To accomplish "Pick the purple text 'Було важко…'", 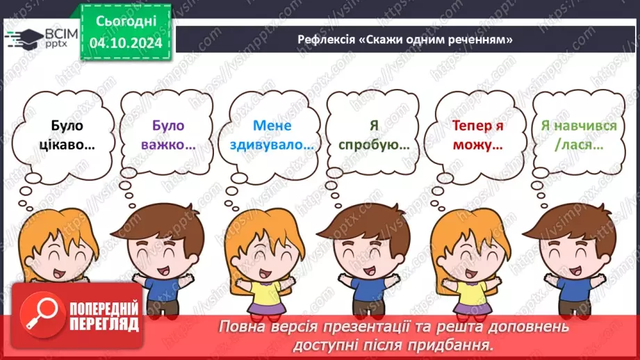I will click(x=167, y=136).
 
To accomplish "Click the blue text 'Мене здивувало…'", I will click(x=272, y=136).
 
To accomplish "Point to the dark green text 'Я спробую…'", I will click(x=373, y=136).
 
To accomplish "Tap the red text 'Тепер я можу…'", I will click(x=477, y=136).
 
